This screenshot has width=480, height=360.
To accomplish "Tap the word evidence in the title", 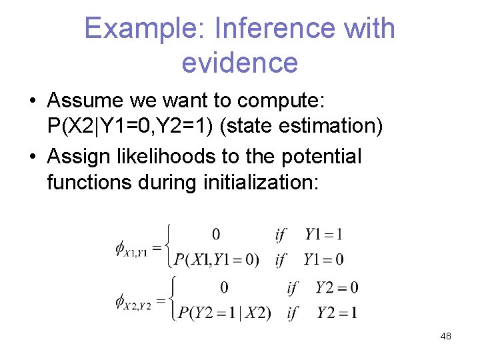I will click(x=239, y=63).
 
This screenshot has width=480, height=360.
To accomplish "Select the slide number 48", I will click(x=445, y=336).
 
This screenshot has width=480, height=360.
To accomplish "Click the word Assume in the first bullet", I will click(x=90, y=101).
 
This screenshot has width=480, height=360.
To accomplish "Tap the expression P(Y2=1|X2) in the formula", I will click(x=221, y=313).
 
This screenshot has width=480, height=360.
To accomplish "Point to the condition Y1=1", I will click(x=324, y=234).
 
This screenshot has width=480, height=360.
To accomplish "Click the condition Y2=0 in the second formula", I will click(x=336, y=288).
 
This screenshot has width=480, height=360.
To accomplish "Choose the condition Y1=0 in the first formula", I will click(x=323, y=259).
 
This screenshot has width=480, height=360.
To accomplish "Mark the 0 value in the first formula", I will click(x=216, y=234).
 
